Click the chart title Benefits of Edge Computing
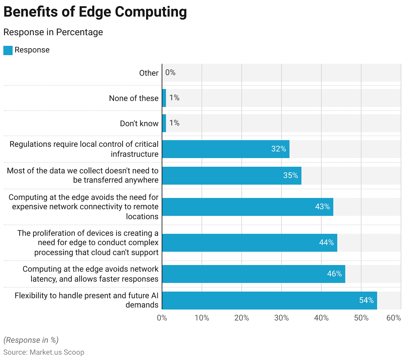click(x=95, y=12)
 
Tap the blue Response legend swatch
click(x=8, y=50)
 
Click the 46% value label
click(x=334, y=274)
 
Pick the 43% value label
click(x=322, y=207)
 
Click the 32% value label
click(x=279, y=149)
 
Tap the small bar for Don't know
click(x=164, y=123)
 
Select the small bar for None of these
click(x=164, y=98)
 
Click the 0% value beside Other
click(x=170, y=72)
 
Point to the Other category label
click(x=149, y=73)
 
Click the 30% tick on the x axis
click(x=282, y=318)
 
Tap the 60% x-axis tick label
click(x=394, y=318)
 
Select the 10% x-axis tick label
click(x=202, y=318)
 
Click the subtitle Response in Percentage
click(x=53, y=32)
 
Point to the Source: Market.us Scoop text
click(x=44, y=352)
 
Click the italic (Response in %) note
click(x=31, y=340)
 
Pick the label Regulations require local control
click(x=84, y=149)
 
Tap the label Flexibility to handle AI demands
click(x=87, y=300)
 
